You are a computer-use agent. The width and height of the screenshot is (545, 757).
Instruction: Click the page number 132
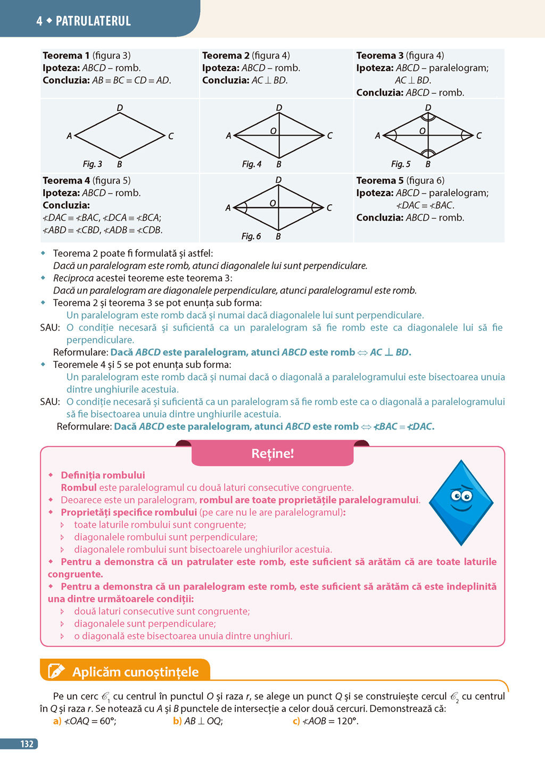pos(27,744)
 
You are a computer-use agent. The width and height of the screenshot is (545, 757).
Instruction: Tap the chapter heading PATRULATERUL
pos(93,21)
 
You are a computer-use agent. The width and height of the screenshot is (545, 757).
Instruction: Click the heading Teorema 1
pos(66,55)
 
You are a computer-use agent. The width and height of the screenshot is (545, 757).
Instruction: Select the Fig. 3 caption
pos(92,164)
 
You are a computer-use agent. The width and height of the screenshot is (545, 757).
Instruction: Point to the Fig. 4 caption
pos(252,164)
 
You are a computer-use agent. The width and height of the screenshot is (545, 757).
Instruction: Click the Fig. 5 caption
pos(401,164)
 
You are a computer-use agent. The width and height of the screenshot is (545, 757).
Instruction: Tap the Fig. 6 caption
pos(251,236)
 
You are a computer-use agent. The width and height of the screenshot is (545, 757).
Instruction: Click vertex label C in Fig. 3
pos(171,136)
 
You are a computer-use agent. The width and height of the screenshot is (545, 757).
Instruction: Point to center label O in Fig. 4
pos(273,131)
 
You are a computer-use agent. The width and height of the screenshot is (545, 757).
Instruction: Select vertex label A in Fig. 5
pos(378,136)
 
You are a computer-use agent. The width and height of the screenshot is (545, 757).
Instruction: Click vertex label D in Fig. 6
pos(278,180)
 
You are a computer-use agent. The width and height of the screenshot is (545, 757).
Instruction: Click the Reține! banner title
pos(272,453)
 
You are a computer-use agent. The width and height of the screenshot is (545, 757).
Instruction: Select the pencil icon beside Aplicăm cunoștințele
pos(56,671)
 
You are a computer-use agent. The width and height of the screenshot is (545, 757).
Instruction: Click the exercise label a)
pos(57,721)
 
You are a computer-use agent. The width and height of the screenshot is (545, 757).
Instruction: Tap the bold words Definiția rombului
pos(103,475)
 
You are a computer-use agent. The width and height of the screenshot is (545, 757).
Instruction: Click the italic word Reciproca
pos(73,278)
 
